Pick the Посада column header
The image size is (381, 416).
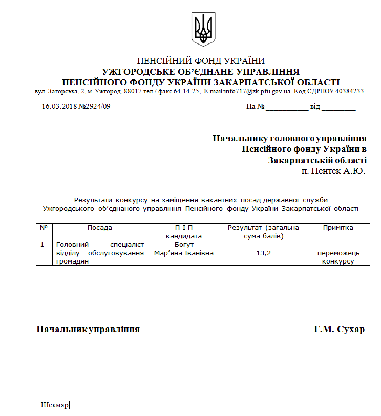pos(99,228)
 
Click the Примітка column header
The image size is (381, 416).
pos(338,228)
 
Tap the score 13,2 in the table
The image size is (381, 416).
pos(263,253)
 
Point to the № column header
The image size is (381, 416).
pos(44,228)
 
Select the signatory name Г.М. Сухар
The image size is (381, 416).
pos(339,329)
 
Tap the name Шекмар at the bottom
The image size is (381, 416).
pos(54,405)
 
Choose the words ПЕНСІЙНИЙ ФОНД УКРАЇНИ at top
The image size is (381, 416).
pos(201,61)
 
